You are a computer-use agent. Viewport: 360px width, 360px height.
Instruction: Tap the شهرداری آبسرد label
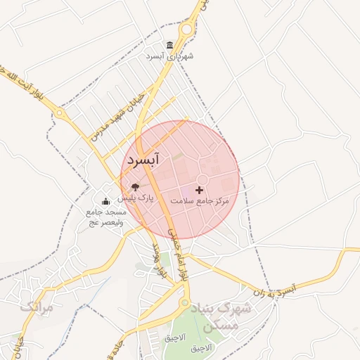169,56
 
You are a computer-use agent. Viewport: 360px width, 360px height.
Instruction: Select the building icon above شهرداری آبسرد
169,45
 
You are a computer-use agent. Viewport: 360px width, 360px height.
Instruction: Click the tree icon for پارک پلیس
135,187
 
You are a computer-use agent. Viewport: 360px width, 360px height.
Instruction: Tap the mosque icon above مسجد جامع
105,202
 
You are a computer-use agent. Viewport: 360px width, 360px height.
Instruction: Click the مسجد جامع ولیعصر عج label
105,217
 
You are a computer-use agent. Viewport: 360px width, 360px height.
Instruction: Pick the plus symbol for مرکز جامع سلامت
200,190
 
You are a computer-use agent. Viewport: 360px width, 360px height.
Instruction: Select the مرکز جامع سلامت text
203,201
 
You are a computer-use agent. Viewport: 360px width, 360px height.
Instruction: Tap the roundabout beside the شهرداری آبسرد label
186,30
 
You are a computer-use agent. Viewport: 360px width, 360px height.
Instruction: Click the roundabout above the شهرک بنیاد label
184,304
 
